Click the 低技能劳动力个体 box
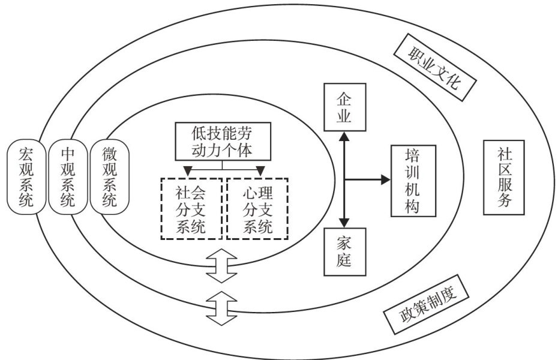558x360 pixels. pos(223,140)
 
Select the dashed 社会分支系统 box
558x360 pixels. pos(191,209)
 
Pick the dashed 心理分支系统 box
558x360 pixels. pos(257,209)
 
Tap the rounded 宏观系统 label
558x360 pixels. pos(26,177)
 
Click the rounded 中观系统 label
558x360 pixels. pos(68,177)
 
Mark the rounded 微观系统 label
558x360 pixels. pos(109,177)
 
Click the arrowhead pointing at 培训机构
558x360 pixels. pos(385,179)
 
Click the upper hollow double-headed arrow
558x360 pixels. pos(222,266)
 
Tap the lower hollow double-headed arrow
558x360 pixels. pos(222,307)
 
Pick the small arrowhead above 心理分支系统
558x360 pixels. pos(260,172)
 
